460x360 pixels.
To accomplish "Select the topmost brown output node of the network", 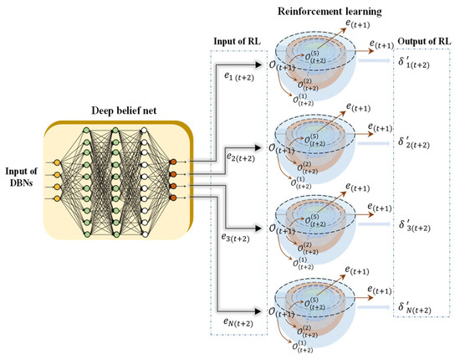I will [173, 162].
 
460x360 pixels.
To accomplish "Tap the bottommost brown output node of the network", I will [173, 198].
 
